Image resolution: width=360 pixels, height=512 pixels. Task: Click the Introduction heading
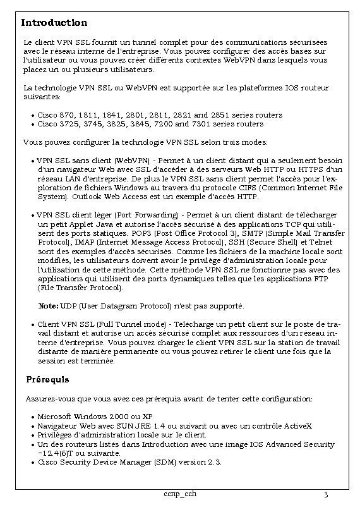coord(54,23)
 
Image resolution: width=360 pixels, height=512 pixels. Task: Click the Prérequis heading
coord(48,380)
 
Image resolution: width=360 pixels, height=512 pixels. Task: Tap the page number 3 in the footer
coord(325,494)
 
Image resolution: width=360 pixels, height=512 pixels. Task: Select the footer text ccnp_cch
coord(179,493)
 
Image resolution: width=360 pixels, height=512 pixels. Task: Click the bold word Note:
coord(48,307)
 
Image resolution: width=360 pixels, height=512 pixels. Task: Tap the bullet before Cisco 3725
coord(33,125)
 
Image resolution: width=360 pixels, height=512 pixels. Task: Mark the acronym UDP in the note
coord(68,307)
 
